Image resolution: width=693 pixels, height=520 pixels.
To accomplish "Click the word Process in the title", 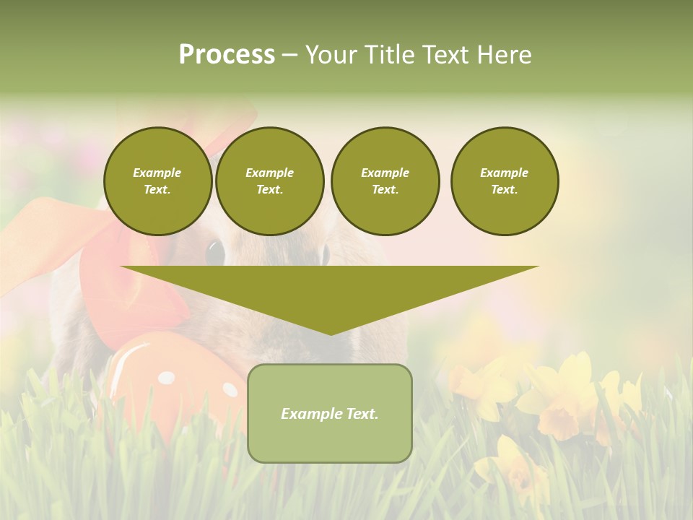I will tap(227, 55).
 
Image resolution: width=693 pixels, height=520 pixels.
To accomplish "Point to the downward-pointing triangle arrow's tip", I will tap(330, 332).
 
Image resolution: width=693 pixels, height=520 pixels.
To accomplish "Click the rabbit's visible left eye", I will tap(215, 253).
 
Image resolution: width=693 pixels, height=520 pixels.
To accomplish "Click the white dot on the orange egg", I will tap(166, 377).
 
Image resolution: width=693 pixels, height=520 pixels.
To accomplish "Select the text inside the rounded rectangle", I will tap(329, 414).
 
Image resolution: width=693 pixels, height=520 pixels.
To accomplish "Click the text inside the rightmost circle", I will tap(504, 181).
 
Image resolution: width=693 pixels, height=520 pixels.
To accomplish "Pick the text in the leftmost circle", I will tap(157, 181).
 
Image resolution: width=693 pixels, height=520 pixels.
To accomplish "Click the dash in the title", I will tap(289, 55).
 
